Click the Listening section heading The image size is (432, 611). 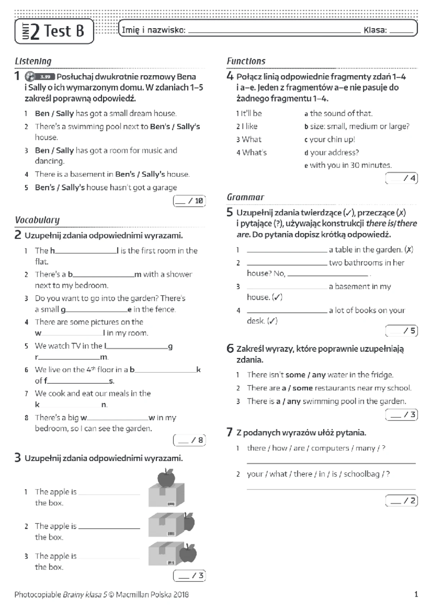tap(33, 62)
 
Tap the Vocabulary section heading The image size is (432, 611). tap(37, 220)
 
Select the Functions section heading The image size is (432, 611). tap(246, 62)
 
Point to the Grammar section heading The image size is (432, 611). tap(245, 197)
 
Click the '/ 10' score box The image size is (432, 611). tap(189, 201)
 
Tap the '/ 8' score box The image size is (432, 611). tap(189, 440)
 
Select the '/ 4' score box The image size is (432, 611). tap(401, 178)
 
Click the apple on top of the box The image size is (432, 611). tap(166, 478)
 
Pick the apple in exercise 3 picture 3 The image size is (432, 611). tap(188, 553)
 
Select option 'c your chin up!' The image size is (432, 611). tap(330, 140)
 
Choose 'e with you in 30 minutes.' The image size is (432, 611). tap(348, 166)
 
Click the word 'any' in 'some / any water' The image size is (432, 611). tap(319, 375)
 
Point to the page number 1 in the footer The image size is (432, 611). tap(416, 594)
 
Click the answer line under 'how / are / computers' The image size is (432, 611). tap(331, 462)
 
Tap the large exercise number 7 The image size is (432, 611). tap(230, 432)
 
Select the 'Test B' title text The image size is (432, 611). tap(64, 31)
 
